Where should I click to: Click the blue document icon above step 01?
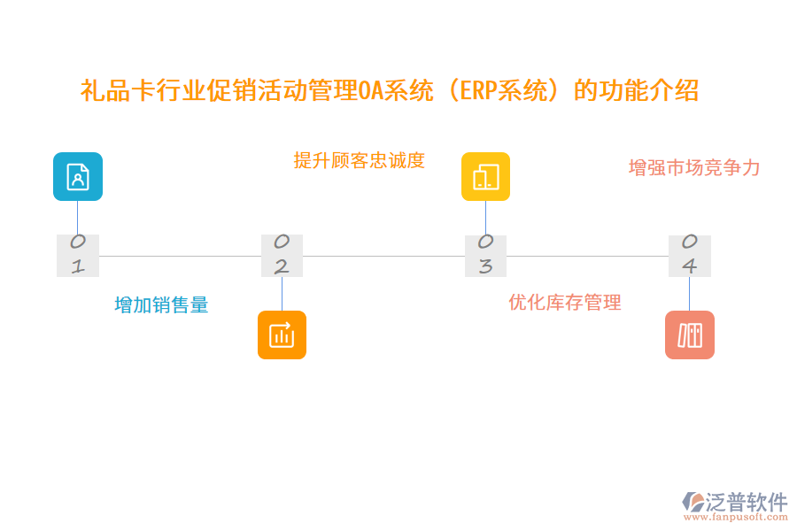[78, 177]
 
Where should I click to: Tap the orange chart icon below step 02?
[282, 335]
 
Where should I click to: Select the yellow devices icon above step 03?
[485, 177]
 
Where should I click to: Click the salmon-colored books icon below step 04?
[689, 335]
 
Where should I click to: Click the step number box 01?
[78, 255]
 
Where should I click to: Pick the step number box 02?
[282, 255]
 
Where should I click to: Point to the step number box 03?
[485, 255]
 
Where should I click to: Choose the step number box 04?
[689, 255]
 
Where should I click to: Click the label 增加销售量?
[161, 305]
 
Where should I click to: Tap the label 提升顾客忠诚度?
[360, 160]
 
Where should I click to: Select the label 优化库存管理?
[565, 303]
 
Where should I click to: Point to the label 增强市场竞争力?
[694, 168]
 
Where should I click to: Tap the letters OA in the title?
[371, 91]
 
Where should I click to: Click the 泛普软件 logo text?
[747, 502]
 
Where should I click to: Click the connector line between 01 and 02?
[180, 256]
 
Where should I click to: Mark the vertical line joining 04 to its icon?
[689, 293]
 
